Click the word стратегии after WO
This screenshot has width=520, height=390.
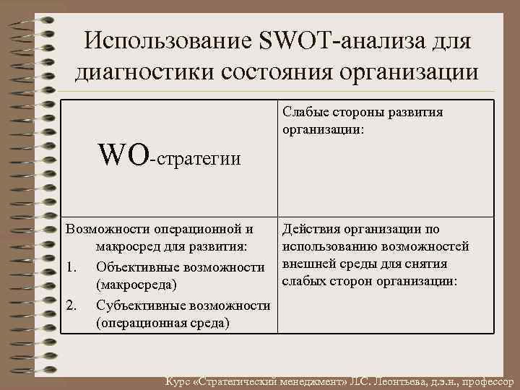(199, 158)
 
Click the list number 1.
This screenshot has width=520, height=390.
(71, 267)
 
